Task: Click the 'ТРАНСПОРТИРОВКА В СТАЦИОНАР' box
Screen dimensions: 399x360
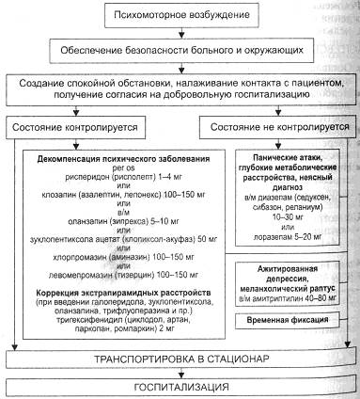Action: click(178, 359)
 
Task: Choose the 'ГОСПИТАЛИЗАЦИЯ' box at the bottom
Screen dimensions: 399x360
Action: click(178, 386)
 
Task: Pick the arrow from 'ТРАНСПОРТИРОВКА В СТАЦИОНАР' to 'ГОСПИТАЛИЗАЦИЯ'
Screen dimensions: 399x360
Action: click(178, 373)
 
